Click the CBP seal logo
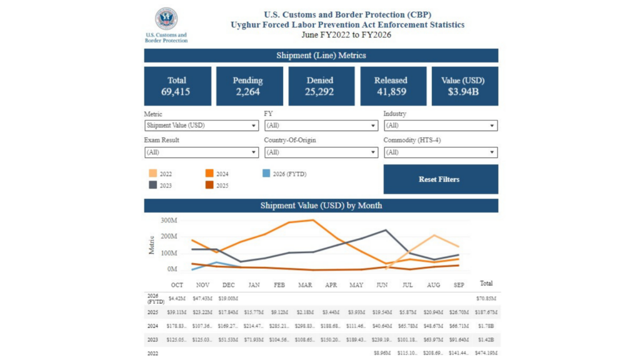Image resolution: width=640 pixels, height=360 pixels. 166,19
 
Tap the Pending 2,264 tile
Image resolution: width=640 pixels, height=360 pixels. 247,86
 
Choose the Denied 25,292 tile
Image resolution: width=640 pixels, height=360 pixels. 319,86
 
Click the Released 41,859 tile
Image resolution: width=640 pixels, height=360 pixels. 391,86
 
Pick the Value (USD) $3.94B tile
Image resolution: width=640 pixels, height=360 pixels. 465,86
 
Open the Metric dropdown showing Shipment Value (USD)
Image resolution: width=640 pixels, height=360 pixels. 201,126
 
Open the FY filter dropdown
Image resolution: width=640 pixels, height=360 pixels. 321,126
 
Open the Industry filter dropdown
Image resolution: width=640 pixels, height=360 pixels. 440,126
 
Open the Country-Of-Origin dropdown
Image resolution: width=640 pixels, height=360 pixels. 321,152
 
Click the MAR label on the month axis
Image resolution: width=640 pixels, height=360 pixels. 305,285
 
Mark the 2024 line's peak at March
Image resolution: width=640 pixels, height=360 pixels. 313,220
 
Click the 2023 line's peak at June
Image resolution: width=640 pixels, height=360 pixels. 385,230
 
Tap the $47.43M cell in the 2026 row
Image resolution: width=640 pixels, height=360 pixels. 202,298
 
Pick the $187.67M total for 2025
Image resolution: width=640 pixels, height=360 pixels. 486,312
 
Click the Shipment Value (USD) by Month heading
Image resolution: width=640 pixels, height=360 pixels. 321,206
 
